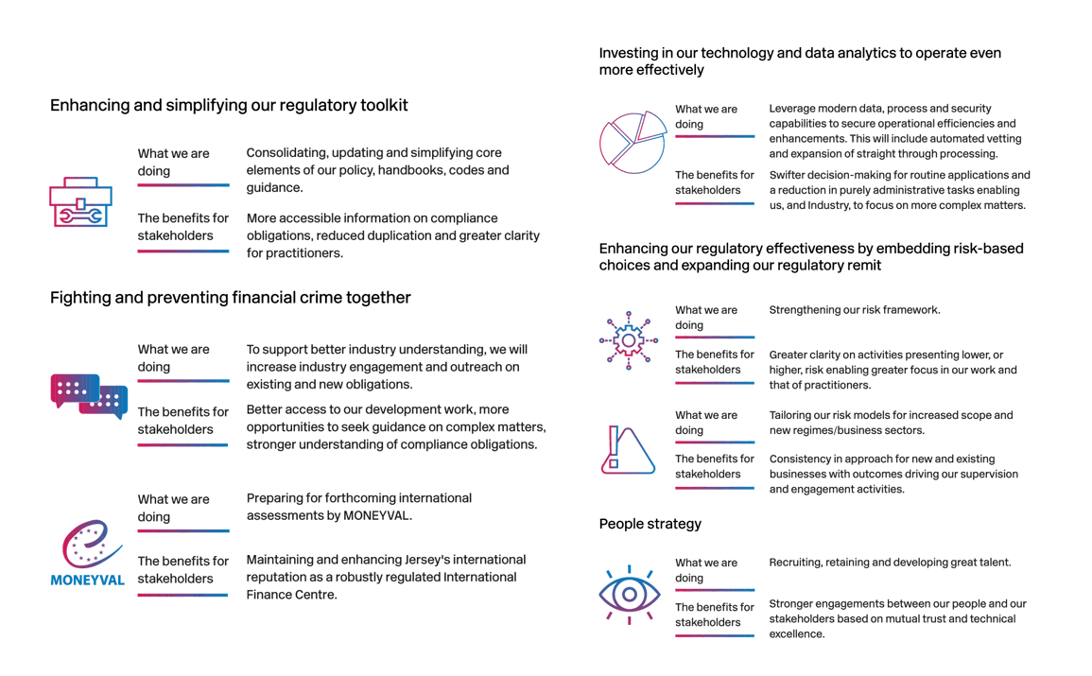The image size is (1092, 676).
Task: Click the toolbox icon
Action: [x=80, y=202]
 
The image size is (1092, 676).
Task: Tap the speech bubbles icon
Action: [x=89, y=396]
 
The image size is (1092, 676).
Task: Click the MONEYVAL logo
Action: [x=88, y=553]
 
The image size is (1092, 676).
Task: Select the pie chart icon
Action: [x=633, y=142]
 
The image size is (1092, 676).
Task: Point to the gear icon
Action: [x=629, y=339]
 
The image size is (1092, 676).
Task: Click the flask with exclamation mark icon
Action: [x=628, y=449]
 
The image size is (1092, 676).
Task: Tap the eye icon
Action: [x=630, y=595]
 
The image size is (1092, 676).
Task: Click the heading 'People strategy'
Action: [x=650, y=524]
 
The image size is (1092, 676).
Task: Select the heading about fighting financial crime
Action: [x=231, y=298]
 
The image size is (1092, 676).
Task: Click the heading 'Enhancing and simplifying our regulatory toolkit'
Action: [x=229, y=105]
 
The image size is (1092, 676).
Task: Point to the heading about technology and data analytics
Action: [x=800, y=61]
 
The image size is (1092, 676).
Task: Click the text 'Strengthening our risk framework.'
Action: [x=855, y=310]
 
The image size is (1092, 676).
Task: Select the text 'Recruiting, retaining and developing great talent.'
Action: [x=890, y=563]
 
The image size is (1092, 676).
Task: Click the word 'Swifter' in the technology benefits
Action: [x=790, y=175]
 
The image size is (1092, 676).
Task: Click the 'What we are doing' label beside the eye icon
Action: [x=706, y=570]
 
